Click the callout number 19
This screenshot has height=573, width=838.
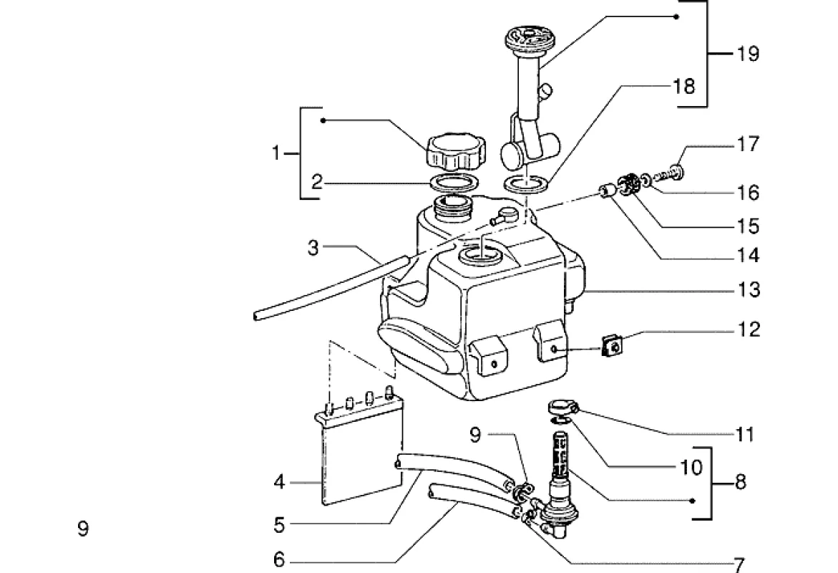coord(748,54)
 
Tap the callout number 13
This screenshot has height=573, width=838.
coord(749,289)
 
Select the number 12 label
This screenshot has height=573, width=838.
coord(749,329)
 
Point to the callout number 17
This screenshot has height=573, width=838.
coord(748,143)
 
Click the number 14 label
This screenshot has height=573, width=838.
coord(749,255)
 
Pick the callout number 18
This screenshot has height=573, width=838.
coord(684,86)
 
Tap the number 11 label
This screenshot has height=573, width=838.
coord(744,435)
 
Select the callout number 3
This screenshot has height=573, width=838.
coord(313,248)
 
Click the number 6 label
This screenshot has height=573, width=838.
coord(280,560)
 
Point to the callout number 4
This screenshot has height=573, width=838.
coord(280,482)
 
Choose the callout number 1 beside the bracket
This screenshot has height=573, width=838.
coord(276,153)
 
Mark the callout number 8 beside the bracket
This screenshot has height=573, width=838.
coord(740,482)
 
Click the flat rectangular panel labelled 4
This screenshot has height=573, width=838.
coord(362,455)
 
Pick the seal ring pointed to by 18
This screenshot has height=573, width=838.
coord(526,183)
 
